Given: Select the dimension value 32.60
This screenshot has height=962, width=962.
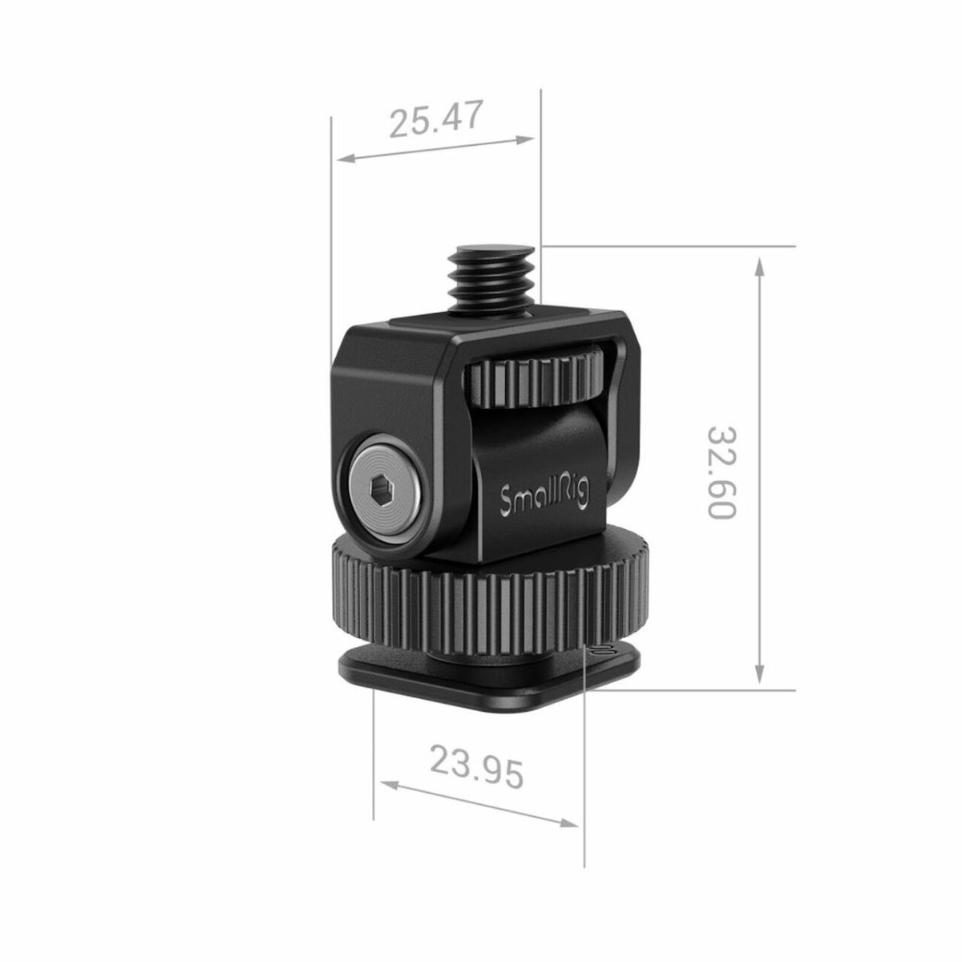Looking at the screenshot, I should tap(721, 472).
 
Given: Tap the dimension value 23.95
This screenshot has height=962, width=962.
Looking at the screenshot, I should tap(477, 766).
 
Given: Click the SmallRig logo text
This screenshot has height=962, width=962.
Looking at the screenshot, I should tap(544, 499).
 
